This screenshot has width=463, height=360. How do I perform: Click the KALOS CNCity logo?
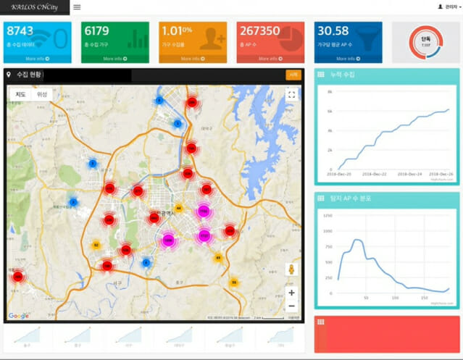point(35,7)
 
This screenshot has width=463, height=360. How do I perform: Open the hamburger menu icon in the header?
point(77,7)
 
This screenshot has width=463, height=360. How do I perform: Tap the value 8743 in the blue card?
point(20,30)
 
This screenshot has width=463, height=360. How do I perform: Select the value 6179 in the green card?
point(96,30)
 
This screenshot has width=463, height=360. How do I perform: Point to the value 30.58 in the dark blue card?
point(333,30)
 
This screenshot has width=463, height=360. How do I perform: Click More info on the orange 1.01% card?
point(192,59)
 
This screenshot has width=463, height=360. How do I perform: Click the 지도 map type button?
point(21,94)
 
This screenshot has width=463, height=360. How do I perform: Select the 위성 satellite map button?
point(42,94)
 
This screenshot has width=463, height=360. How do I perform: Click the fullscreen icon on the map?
point(291,94)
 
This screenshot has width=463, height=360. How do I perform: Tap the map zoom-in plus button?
point(291,293)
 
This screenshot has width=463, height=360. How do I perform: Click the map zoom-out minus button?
point(291,306)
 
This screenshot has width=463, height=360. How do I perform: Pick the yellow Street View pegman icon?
point(291,269)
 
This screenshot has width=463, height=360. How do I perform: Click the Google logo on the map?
point(19,316)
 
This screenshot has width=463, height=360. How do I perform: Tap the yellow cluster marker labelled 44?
point(179,208)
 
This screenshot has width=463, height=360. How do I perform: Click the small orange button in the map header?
point(293,74)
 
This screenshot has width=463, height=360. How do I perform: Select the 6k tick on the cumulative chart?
point(330,111)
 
